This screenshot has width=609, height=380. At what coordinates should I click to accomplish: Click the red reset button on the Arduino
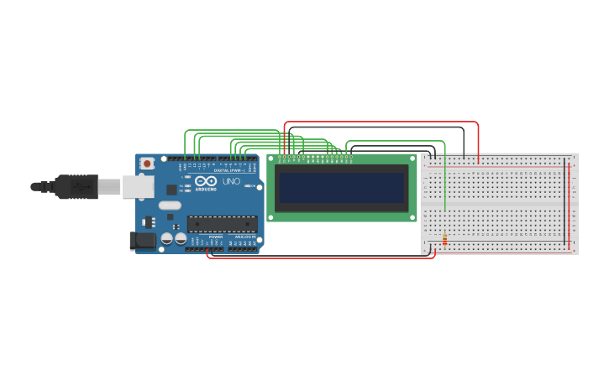coord(147,163)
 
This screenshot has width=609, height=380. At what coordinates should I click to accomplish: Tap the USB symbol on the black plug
coord(82,187)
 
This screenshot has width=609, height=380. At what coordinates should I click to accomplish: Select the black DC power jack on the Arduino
coord(144,241)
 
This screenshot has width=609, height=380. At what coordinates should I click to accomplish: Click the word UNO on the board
coord(231,181)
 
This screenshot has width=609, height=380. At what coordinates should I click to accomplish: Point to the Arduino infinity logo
coord(206,181)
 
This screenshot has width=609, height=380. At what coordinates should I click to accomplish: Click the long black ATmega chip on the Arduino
coord(222,223)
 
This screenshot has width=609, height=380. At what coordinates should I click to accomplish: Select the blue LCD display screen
coord(341,188)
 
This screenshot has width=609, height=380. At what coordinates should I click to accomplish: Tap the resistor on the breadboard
coord(444,242)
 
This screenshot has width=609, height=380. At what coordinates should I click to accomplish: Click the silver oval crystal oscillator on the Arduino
coord(170,205)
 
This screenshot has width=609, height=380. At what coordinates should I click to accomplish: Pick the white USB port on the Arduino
coord(138,186)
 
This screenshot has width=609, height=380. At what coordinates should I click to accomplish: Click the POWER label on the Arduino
coord(216,237)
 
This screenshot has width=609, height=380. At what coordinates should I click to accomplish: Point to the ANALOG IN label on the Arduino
coord(246,237)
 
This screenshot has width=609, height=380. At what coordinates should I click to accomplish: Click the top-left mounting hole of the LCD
coord(271,158)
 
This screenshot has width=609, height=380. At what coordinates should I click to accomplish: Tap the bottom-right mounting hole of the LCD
coord(412,217)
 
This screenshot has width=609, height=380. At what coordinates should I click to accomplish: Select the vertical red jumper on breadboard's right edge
coord(570,201)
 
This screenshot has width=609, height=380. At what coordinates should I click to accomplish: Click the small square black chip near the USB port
coord(150,222)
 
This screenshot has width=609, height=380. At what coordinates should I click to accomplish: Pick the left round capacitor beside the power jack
coord(167,238)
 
